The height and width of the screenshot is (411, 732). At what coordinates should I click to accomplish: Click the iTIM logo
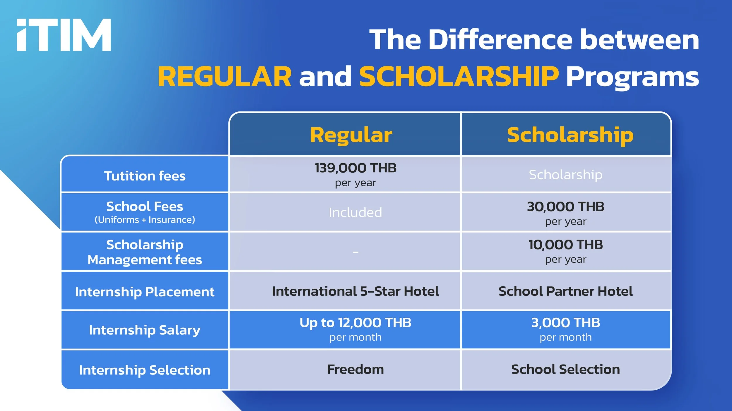coord(64,35)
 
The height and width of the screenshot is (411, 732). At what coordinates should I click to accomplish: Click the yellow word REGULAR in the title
coord(225,77)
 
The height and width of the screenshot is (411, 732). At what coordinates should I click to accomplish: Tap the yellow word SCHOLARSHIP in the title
coord(459,77)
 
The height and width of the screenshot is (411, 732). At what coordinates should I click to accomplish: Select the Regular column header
coord(351,135)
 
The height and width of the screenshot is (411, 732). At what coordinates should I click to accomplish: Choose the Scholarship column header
coord(570,135)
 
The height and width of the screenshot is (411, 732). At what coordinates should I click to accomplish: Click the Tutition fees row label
coord(145,176)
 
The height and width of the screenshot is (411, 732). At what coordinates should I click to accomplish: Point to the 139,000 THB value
coord(355,168)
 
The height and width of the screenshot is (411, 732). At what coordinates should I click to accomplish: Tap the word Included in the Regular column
coord(355,212)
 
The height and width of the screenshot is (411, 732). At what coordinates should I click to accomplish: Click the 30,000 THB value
coord(565,207)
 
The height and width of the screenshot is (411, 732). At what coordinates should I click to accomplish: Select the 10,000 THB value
coord(565,245)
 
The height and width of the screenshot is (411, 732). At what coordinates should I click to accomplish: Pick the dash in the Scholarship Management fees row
coord(355,252)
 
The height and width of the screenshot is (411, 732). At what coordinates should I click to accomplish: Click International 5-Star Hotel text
coord(355,291)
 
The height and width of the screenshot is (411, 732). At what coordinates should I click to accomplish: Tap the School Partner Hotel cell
coord(565,291)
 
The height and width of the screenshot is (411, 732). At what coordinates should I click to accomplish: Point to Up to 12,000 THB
coord(355,323)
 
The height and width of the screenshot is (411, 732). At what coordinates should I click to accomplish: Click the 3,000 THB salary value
coord(565,323)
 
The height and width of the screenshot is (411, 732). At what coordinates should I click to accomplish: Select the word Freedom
coord(355,369)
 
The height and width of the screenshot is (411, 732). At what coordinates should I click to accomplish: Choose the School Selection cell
coord(565,369)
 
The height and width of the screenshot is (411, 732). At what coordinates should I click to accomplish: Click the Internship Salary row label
coord(145,330)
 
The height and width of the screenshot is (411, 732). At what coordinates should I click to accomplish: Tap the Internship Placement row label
coord(145,292)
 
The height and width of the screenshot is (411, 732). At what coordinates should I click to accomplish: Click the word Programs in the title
coord(632,77)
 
